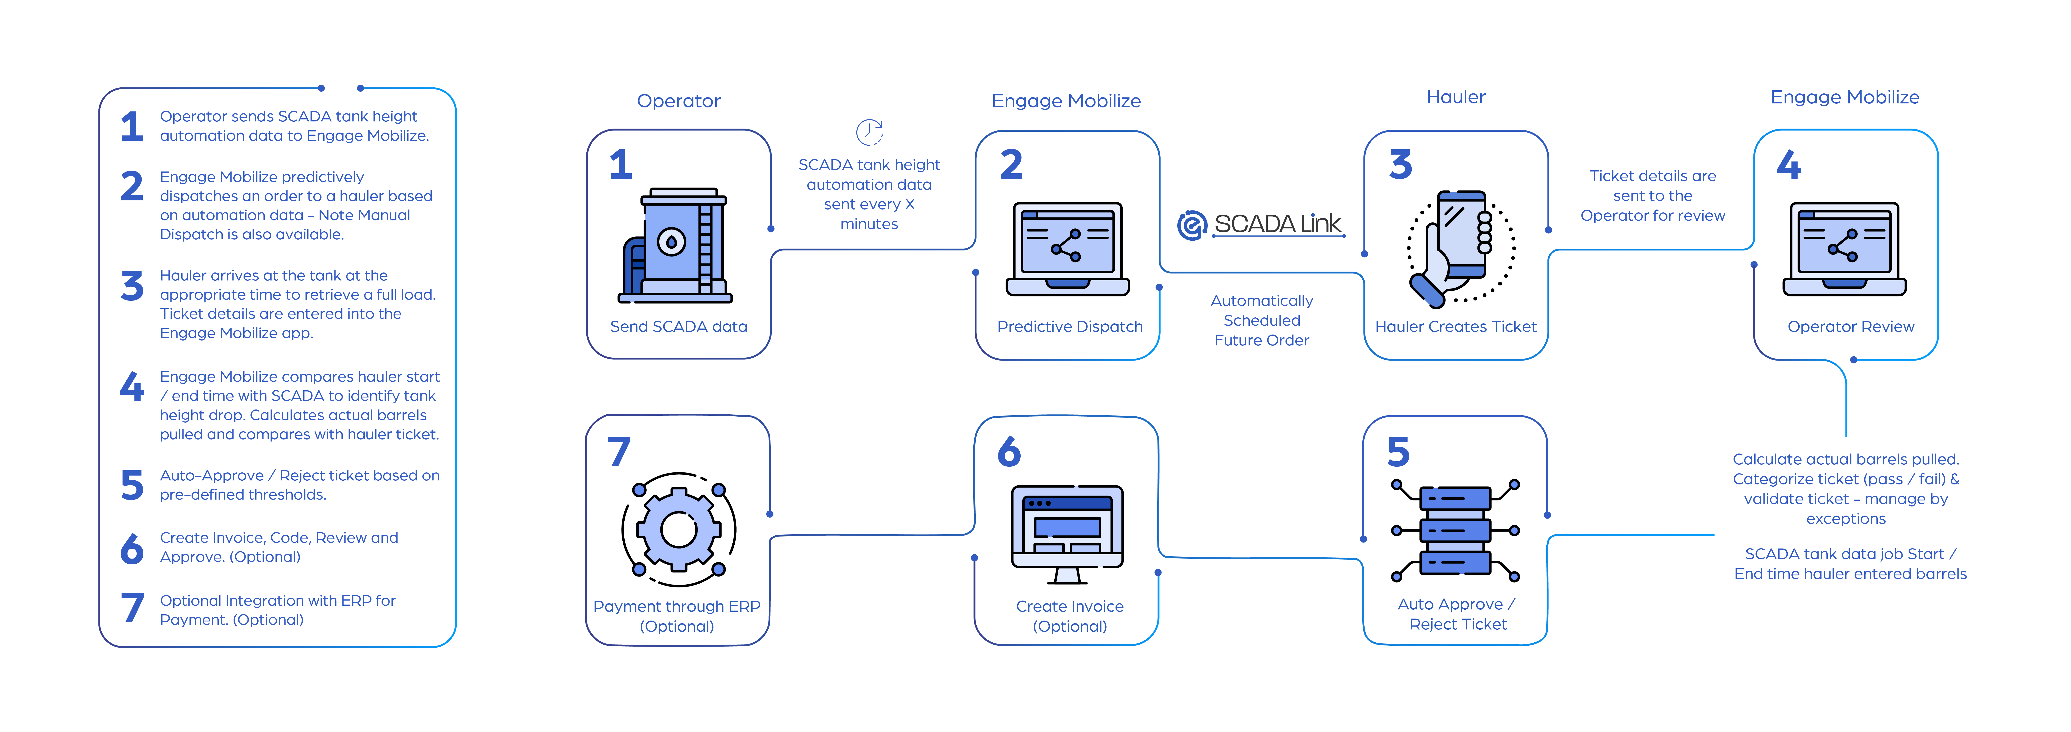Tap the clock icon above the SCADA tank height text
869,132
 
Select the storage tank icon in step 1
675,245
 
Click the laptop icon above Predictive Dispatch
1068,249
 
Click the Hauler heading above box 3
1455,97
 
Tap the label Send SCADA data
679,327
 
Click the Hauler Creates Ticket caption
1455,327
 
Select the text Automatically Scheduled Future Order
1261,320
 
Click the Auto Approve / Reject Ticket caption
1457,614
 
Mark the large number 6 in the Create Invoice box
1009,452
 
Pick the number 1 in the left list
132,126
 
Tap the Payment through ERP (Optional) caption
677,616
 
